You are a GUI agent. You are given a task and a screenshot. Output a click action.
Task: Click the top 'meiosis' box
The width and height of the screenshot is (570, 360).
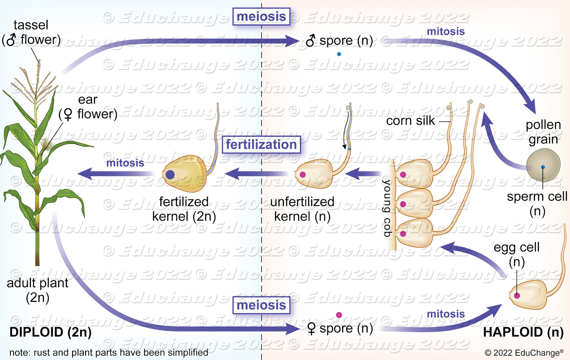(x=261, y=17)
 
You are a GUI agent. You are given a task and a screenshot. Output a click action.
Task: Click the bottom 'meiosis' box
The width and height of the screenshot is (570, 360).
(x=261, y=305)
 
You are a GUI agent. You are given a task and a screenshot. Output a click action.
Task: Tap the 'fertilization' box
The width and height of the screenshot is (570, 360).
(x=261, y=145)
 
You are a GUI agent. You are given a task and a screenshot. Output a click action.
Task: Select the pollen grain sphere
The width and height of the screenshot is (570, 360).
(x=543, y=165)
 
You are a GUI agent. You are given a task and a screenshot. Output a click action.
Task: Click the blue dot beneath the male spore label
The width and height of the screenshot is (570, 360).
(x=339, y=54)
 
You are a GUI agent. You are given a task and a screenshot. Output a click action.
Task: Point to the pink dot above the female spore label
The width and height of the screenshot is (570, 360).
(x=339, y=315)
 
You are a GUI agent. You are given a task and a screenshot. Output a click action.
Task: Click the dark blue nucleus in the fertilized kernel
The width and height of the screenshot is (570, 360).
(x=170, y=174)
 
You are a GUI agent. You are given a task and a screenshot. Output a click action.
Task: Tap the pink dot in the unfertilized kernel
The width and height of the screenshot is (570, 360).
(x=303, y=175)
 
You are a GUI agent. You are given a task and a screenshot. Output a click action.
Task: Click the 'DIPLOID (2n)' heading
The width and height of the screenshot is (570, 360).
(x=50, y=332)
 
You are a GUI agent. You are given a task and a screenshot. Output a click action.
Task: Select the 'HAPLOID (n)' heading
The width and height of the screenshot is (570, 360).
(x=523, y=332)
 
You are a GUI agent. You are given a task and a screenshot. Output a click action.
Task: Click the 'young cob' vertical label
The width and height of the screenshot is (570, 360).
(x=387, y=208)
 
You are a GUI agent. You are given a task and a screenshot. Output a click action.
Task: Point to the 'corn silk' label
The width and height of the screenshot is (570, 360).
(x=410, y=121)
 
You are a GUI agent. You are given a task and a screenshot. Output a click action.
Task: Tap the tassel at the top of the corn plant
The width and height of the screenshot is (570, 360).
(x=37, y=80)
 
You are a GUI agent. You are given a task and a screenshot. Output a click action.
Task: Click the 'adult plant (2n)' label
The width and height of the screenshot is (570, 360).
(x=37, y=290)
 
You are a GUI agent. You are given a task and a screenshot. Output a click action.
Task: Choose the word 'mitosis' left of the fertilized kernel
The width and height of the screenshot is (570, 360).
(x=125, y=163)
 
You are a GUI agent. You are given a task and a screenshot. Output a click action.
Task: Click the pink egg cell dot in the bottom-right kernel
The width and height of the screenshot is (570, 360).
(x=517, y=296)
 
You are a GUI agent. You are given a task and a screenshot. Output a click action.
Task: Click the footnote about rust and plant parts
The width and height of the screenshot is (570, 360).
(x=109, y=353)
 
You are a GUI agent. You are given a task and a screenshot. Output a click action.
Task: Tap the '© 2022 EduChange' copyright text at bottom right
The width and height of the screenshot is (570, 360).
(x=524, y=353)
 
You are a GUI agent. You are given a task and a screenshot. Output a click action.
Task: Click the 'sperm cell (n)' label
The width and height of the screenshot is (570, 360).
(x=537, y=203)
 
